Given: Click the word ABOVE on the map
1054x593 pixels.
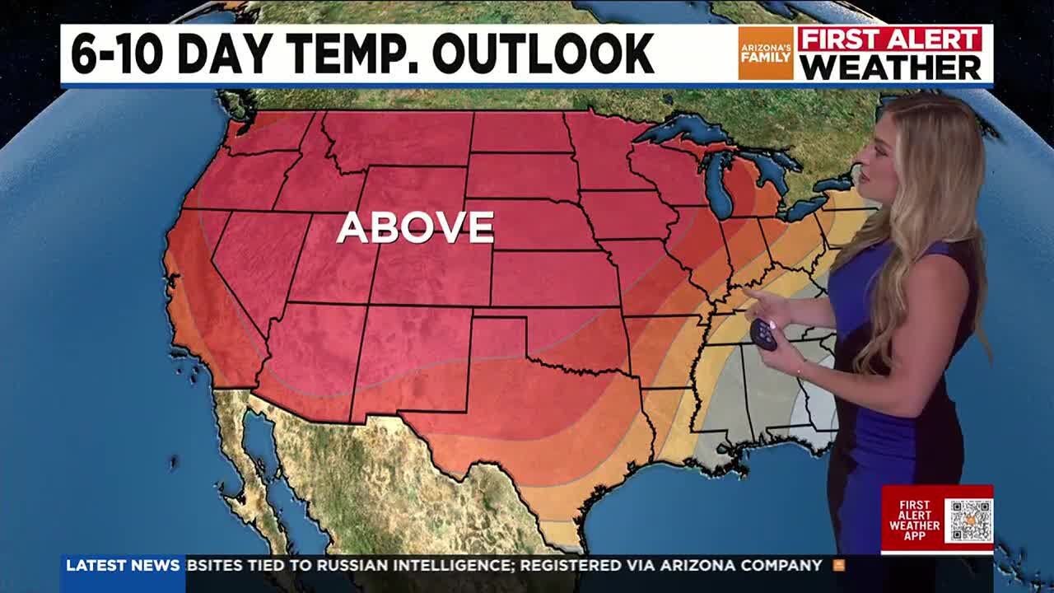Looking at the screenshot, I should (x=415, y=227).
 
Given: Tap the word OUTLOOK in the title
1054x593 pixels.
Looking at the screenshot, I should (x=543, y=54).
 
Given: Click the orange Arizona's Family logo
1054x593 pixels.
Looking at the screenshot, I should (x=765, y=54).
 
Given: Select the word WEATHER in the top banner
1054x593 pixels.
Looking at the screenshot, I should (x=890, y=68).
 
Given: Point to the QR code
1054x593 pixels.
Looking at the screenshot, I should (x=968, y=521).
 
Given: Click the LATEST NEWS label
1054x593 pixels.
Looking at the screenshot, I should (x=123, y=566).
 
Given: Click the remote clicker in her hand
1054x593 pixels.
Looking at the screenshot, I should (x=763, y=334).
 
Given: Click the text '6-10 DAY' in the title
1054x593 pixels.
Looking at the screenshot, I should (x=152, y=54).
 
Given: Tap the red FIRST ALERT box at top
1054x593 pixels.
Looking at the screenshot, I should (x=890, y=39).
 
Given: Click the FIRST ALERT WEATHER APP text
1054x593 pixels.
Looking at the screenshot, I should (x=913, y=521).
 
